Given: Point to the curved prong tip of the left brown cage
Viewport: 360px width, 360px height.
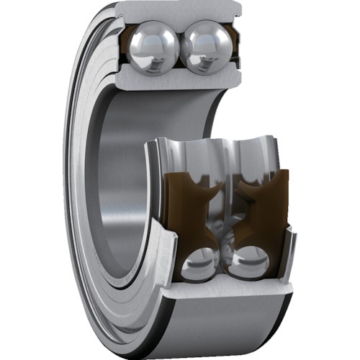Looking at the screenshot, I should [x=216, y=189].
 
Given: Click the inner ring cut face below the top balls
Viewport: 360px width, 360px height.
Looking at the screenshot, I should [x=176, y=81].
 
